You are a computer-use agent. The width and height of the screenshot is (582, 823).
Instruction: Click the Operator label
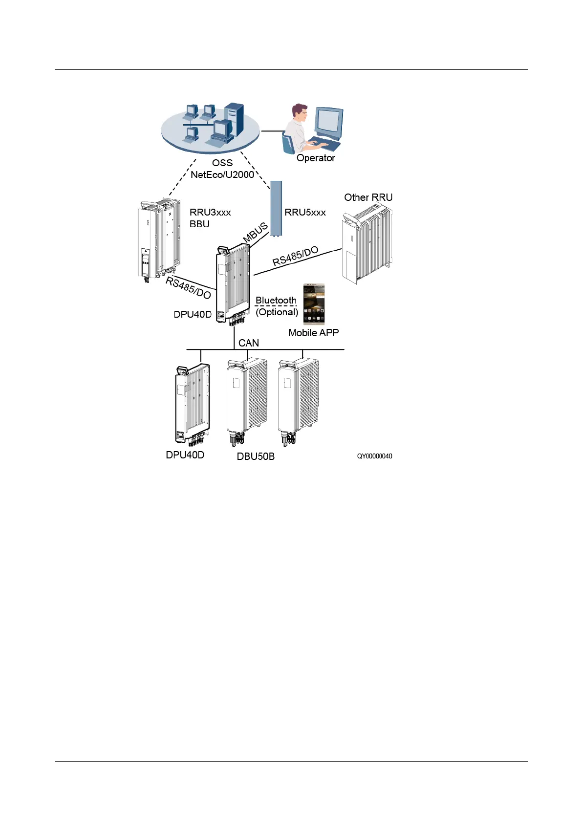pyautogui.click(x=316, y=158)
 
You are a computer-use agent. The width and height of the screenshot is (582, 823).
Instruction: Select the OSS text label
pyautogui.click(x=222, y=163)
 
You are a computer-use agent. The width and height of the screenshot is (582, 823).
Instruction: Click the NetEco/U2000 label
pyautogui.click(x=222, y=174)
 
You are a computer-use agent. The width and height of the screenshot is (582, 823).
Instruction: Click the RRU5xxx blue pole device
pyautogui.click(x=276, y=208)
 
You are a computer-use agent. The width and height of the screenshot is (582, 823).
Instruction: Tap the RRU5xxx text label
pyautogui.click(x=305, y=213)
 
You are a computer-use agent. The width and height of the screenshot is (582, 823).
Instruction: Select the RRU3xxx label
pyautogui.click(x=210, y=213)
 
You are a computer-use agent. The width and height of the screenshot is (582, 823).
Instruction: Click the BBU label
pyautogui.click(x=199, y=224)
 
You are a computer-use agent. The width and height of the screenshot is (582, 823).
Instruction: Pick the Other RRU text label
pyautogui.click(x=368, y=197)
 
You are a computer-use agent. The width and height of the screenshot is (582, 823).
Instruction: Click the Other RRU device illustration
pyautogui.click(x=367, y=244)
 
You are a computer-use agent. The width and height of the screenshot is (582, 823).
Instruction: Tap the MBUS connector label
pyautogui.click(x=256, y=232)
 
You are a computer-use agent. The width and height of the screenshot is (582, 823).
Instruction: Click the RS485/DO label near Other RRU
pyautogui.click(x=295, y=256)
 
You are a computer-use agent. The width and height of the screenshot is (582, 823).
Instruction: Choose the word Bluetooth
pyautogui.click(x=276, y=300)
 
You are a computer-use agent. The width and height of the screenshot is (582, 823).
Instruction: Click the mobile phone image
pyautogui.click(x=314, y=304)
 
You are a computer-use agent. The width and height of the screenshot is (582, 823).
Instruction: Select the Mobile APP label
pyautogui.click(x=313, y=333)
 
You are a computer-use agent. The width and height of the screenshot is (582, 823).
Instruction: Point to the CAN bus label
pyautogui.click(x=248, y=343)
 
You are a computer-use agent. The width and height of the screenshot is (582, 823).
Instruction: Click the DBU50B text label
pyautogui.click(x=256, y=456)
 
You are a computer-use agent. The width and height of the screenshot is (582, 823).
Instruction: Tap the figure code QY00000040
pyautogui.click(x=374, y=456)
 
